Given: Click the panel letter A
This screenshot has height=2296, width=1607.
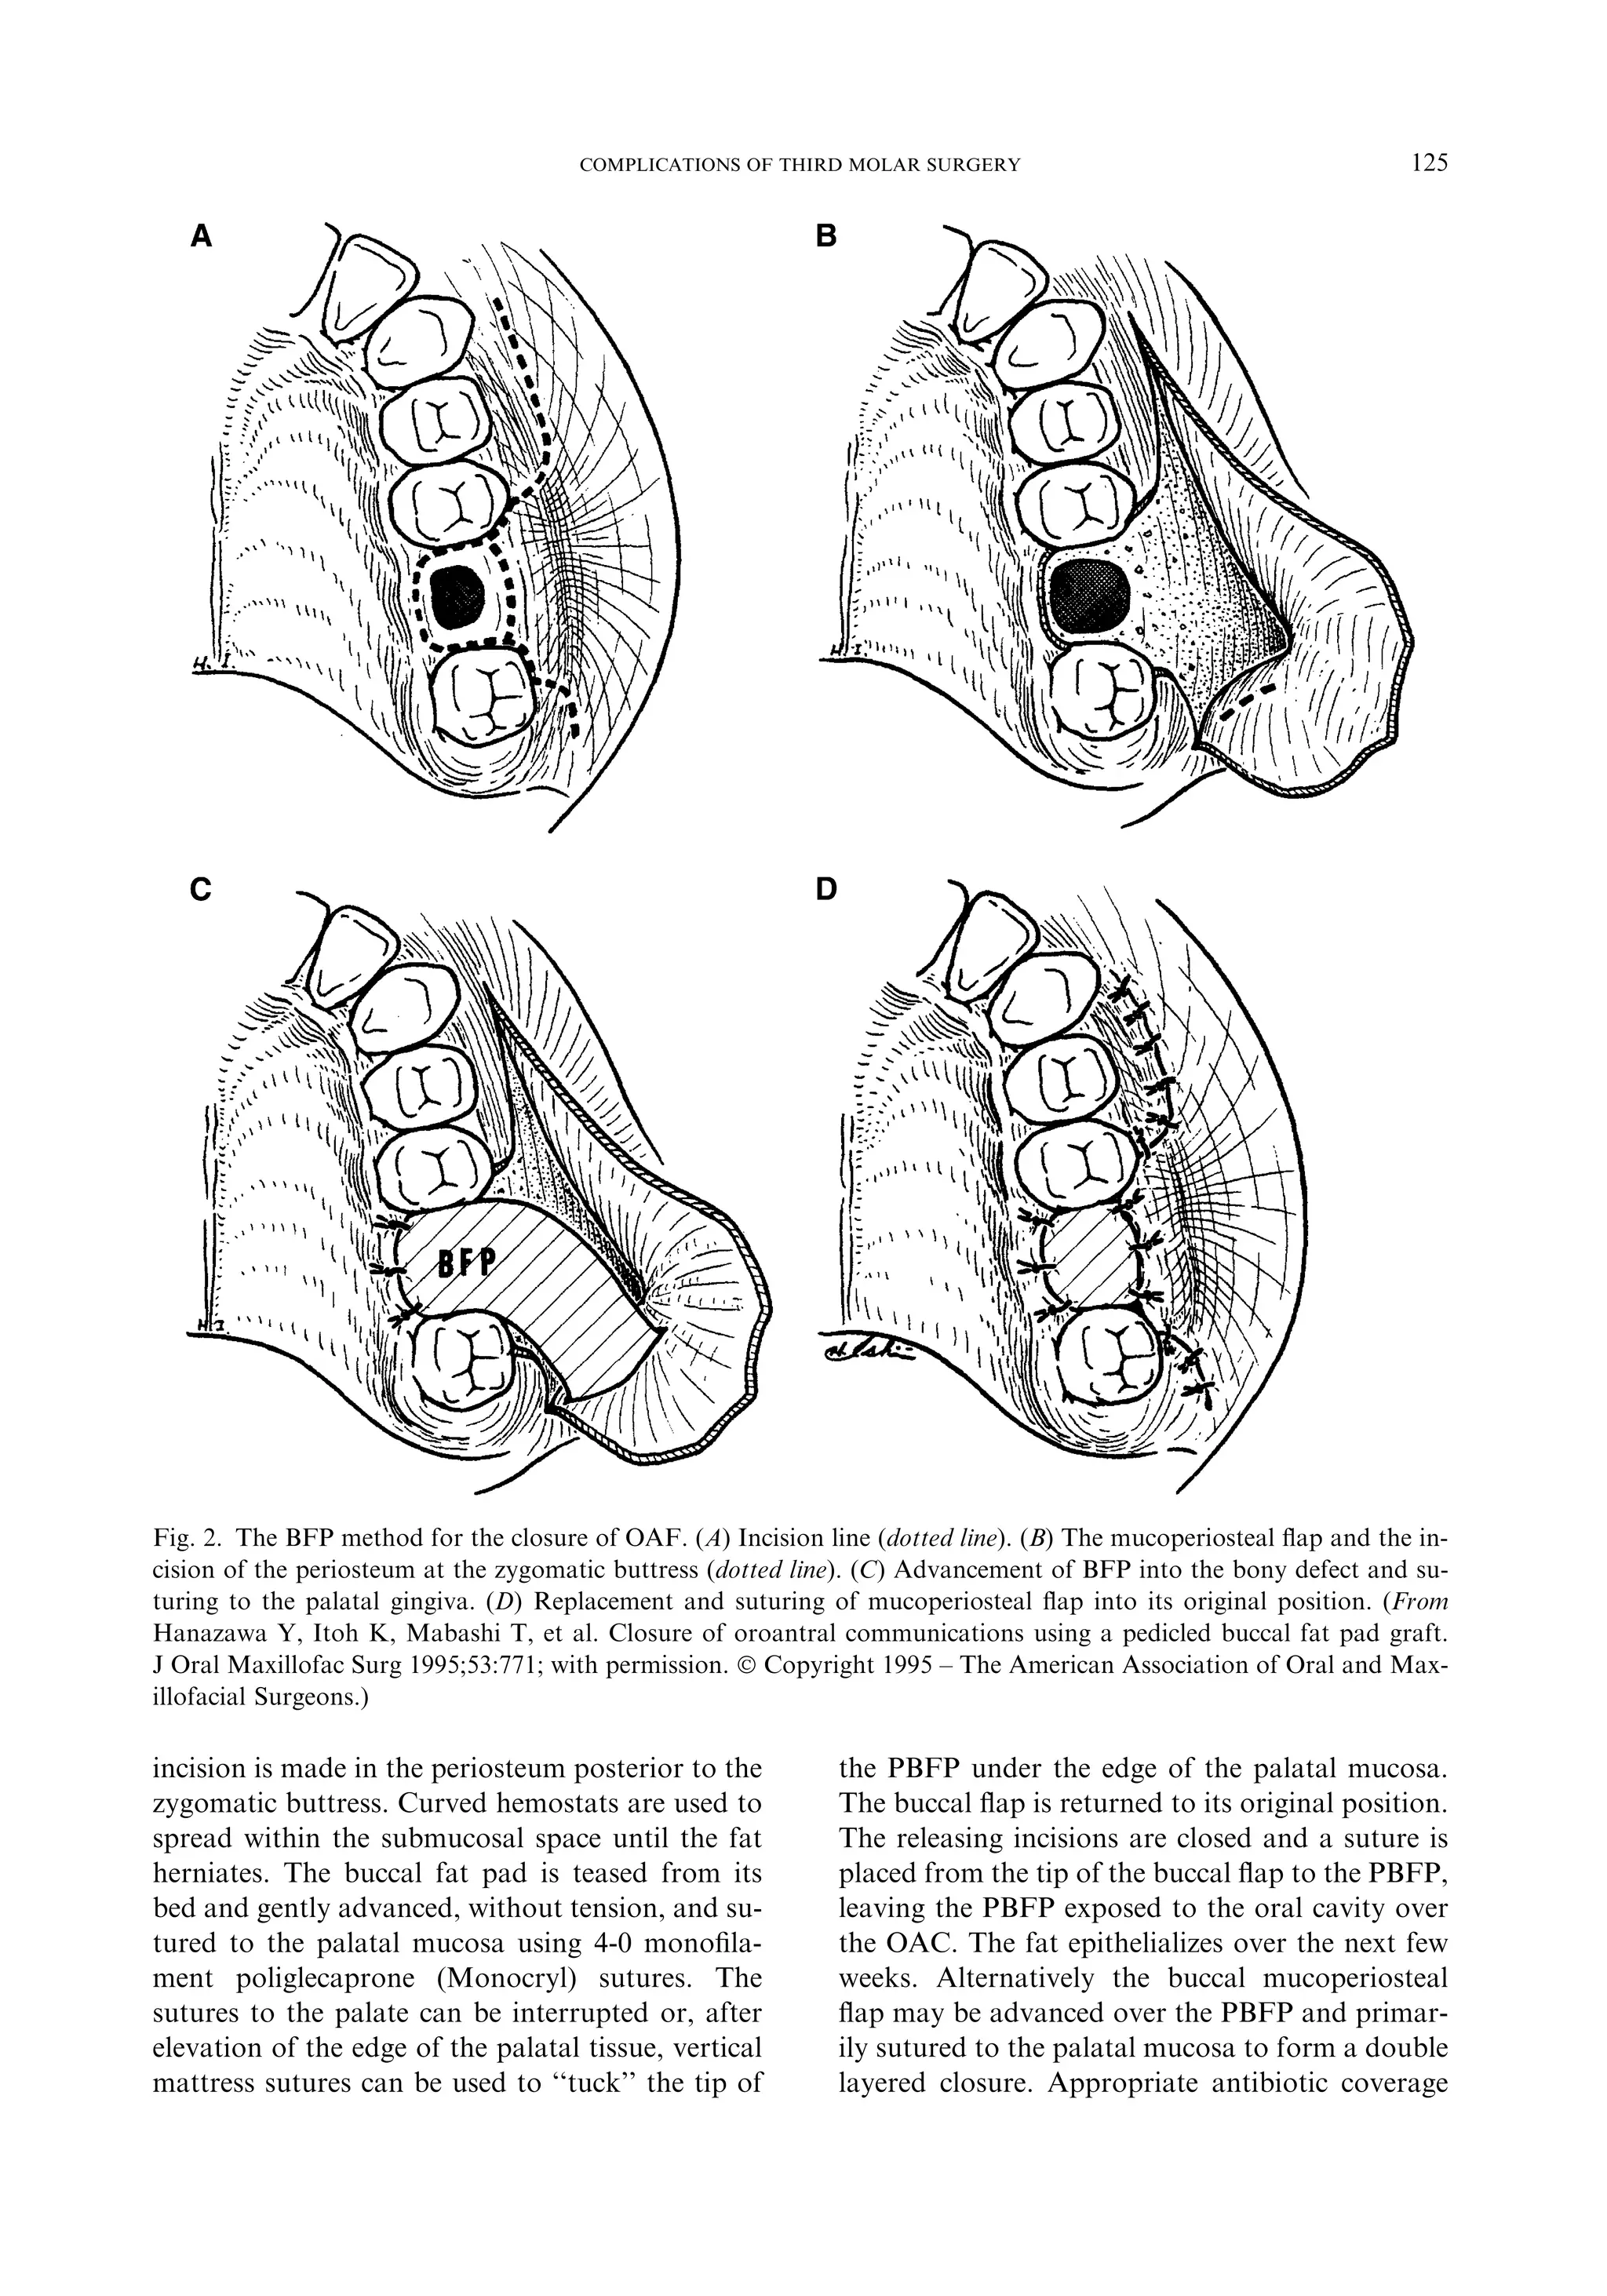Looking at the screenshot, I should coord(202,236).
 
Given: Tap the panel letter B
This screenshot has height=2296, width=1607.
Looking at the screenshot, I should coord(826,236).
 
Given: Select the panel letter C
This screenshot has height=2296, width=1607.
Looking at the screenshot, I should coord(202,889).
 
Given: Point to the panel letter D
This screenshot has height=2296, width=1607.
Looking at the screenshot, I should coord(826,889).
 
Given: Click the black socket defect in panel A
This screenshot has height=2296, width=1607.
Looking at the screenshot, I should coord(459,594).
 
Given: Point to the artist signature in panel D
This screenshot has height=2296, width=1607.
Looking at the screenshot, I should coord(862,1351).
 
